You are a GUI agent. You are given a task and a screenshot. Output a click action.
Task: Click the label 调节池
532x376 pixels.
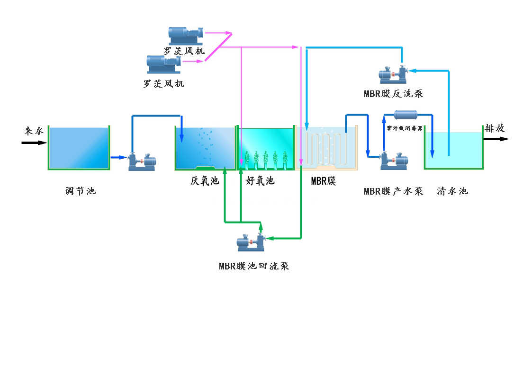coord(80,191)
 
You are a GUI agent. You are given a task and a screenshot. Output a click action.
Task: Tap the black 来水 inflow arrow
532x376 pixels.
coord(34,142)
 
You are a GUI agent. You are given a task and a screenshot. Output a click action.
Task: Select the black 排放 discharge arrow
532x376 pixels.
coord(496,139)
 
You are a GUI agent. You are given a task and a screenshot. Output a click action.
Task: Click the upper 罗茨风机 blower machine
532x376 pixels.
coord(186,35)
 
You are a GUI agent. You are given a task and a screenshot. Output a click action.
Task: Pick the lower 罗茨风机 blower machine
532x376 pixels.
coord(164,64)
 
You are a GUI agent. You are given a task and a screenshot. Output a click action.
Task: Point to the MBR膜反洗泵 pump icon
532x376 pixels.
coord(394,75)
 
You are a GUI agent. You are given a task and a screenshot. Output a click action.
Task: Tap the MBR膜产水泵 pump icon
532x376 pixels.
coord(394,161)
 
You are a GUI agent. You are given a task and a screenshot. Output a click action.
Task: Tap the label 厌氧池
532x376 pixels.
coord(205,180)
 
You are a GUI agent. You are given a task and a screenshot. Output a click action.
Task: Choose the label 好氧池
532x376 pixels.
coord(260,180)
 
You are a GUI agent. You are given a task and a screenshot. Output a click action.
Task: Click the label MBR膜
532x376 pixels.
coord(324,180)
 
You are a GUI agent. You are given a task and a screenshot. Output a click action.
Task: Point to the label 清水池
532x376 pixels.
coord(452,191)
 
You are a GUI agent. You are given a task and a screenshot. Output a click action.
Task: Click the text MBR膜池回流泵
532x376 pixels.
coord(254,266)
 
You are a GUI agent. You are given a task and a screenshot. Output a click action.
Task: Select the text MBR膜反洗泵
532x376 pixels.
coord(393,94)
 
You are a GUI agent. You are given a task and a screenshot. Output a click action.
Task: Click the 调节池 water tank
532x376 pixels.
coord(79,148)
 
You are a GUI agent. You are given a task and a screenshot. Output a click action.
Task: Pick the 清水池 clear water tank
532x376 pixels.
coord(453,150)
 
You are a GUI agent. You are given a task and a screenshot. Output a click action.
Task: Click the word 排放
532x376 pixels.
coord(495,128)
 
